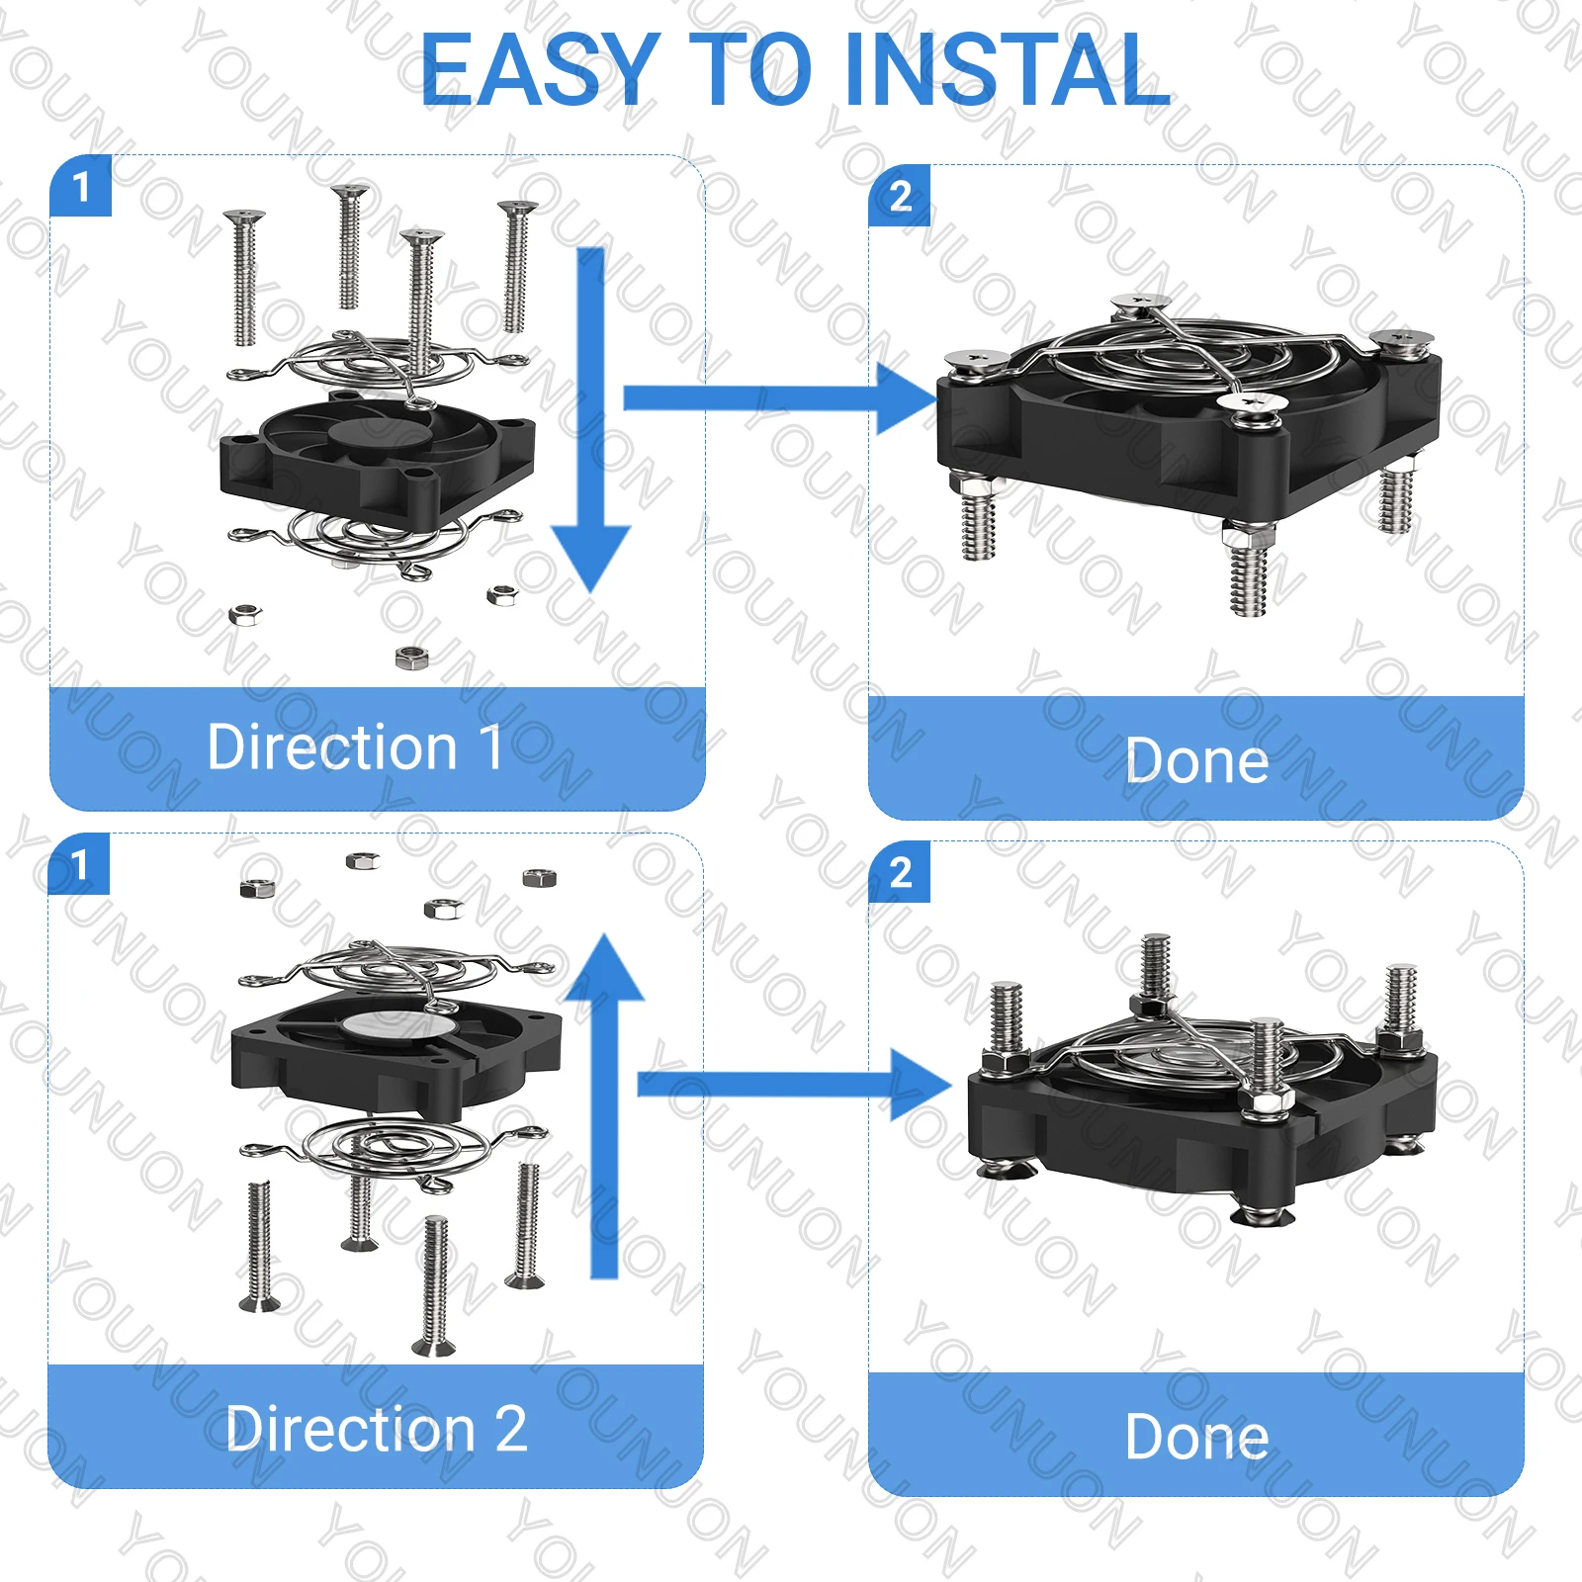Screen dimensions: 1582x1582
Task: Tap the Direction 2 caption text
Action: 376,1429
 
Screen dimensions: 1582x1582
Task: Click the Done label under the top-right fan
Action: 1196,760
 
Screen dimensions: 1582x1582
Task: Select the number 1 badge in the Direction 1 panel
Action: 81,186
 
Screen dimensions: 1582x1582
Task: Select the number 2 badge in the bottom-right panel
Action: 900,872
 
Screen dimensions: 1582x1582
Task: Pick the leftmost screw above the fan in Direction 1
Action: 243,277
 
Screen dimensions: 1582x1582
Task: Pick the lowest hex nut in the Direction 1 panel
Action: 410,657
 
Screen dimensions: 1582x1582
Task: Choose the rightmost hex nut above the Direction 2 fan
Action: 539,878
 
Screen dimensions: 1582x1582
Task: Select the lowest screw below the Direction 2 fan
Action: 435,1285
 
